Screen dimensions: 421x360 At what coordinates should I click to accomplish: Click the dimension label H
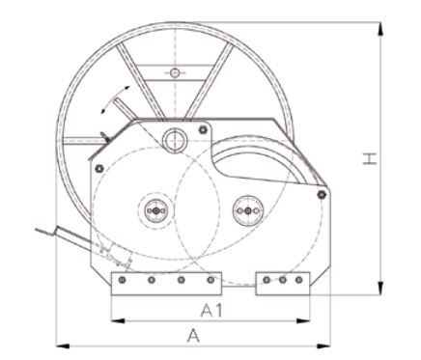tap(370, 159)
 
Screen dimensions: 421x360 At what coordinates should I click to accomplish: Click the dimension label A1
tap(211, 311)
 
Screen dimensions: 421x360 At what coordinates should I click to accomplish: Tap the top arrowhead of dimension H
tap(380, 29)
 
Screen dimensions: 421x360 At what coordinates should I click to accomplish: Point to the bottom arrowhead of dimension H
tap(380, 288)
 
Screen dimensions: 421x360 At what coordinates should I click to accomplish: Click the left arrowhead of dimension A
tap(63, 346)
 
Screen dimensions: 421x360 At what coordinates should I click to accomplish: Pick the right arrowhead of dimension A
tap(323, 346)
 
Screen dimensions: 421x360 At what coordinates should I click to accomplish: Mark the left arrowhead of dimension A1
tap(118, 320)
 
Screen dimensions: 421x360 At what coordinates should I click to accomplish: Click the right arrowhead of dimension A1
tap(303, 320)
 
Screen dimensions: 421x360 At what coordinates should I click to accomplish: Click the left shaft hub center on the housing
tap(155, 211)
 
